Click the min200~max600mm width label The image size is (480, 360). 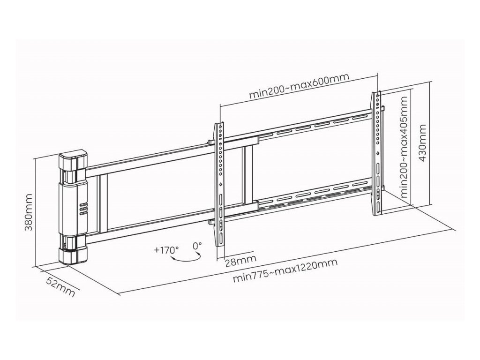point(299,88)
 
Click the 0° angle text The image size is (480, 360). point(197,245)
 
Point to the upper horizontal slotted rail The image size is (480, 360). point(314,127)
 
